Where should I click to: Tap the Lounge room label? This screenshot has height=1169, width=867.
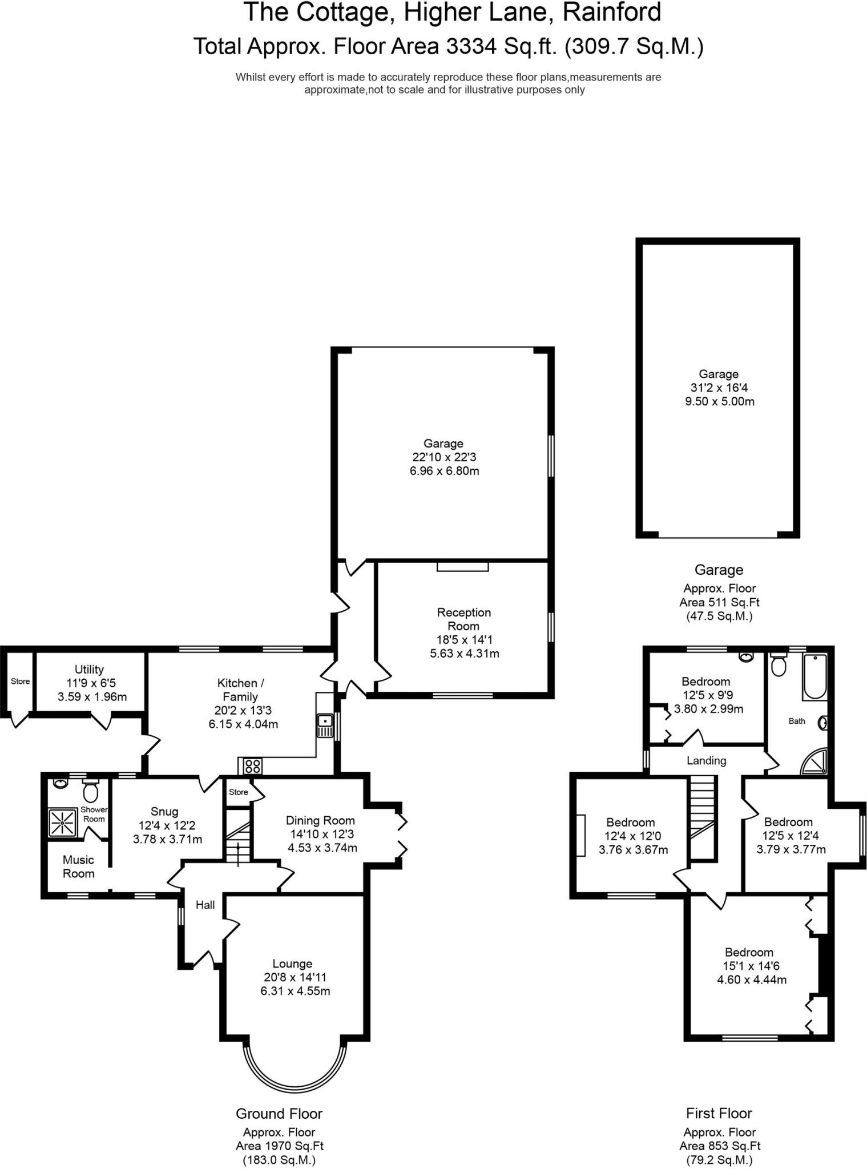292,964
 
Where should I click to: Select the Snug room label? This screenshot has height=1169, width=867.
164,812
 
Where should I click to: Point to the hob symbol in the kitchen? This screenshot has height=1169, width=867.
252,766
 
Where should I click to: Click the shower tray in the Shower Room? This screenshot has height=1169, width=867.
62,823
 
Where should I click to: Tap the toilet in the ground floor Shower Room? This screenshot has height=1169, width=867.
90,791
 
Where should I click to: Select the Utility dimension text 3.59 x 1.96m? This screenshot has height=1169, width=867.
92,697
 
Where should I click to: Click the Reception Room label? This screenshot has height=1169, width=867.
463,619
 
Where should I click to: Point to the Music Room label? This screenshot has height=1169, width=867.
79,866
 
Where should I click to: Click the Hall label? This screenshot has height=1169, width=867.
205,905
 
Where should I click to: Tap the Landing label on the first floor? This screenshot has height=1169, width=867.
706,761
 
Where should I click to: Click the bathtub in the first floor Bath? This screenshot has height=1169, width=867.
815,678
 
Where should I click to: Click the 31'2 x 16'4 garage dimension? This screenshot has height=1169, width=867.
719,388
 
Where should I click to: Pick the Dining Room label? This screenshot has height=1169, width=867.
320,820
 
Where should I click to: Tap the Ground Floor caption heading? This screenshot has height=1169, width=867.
279,1114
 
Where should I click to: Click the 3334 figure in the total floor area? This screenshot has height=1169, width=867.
471,46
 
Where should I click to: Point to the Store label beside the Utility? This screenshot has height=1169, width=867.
20,682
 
